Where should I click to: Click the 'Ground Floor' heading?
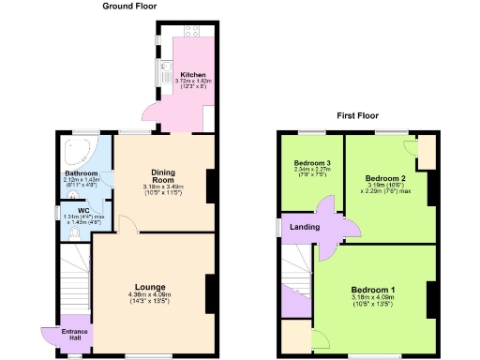coord(130,7)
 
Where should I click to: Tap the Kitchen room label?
coord(193,74)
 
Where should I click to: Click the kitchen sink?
coord(163,66)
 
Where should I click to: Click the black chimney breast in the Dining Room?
coord(211,185)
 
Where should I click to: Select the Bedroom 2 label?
coord(384,177)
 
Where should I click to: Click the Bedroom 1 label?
coord(373,290)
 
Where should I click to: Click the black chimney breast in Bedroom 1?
coord(432,300)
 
